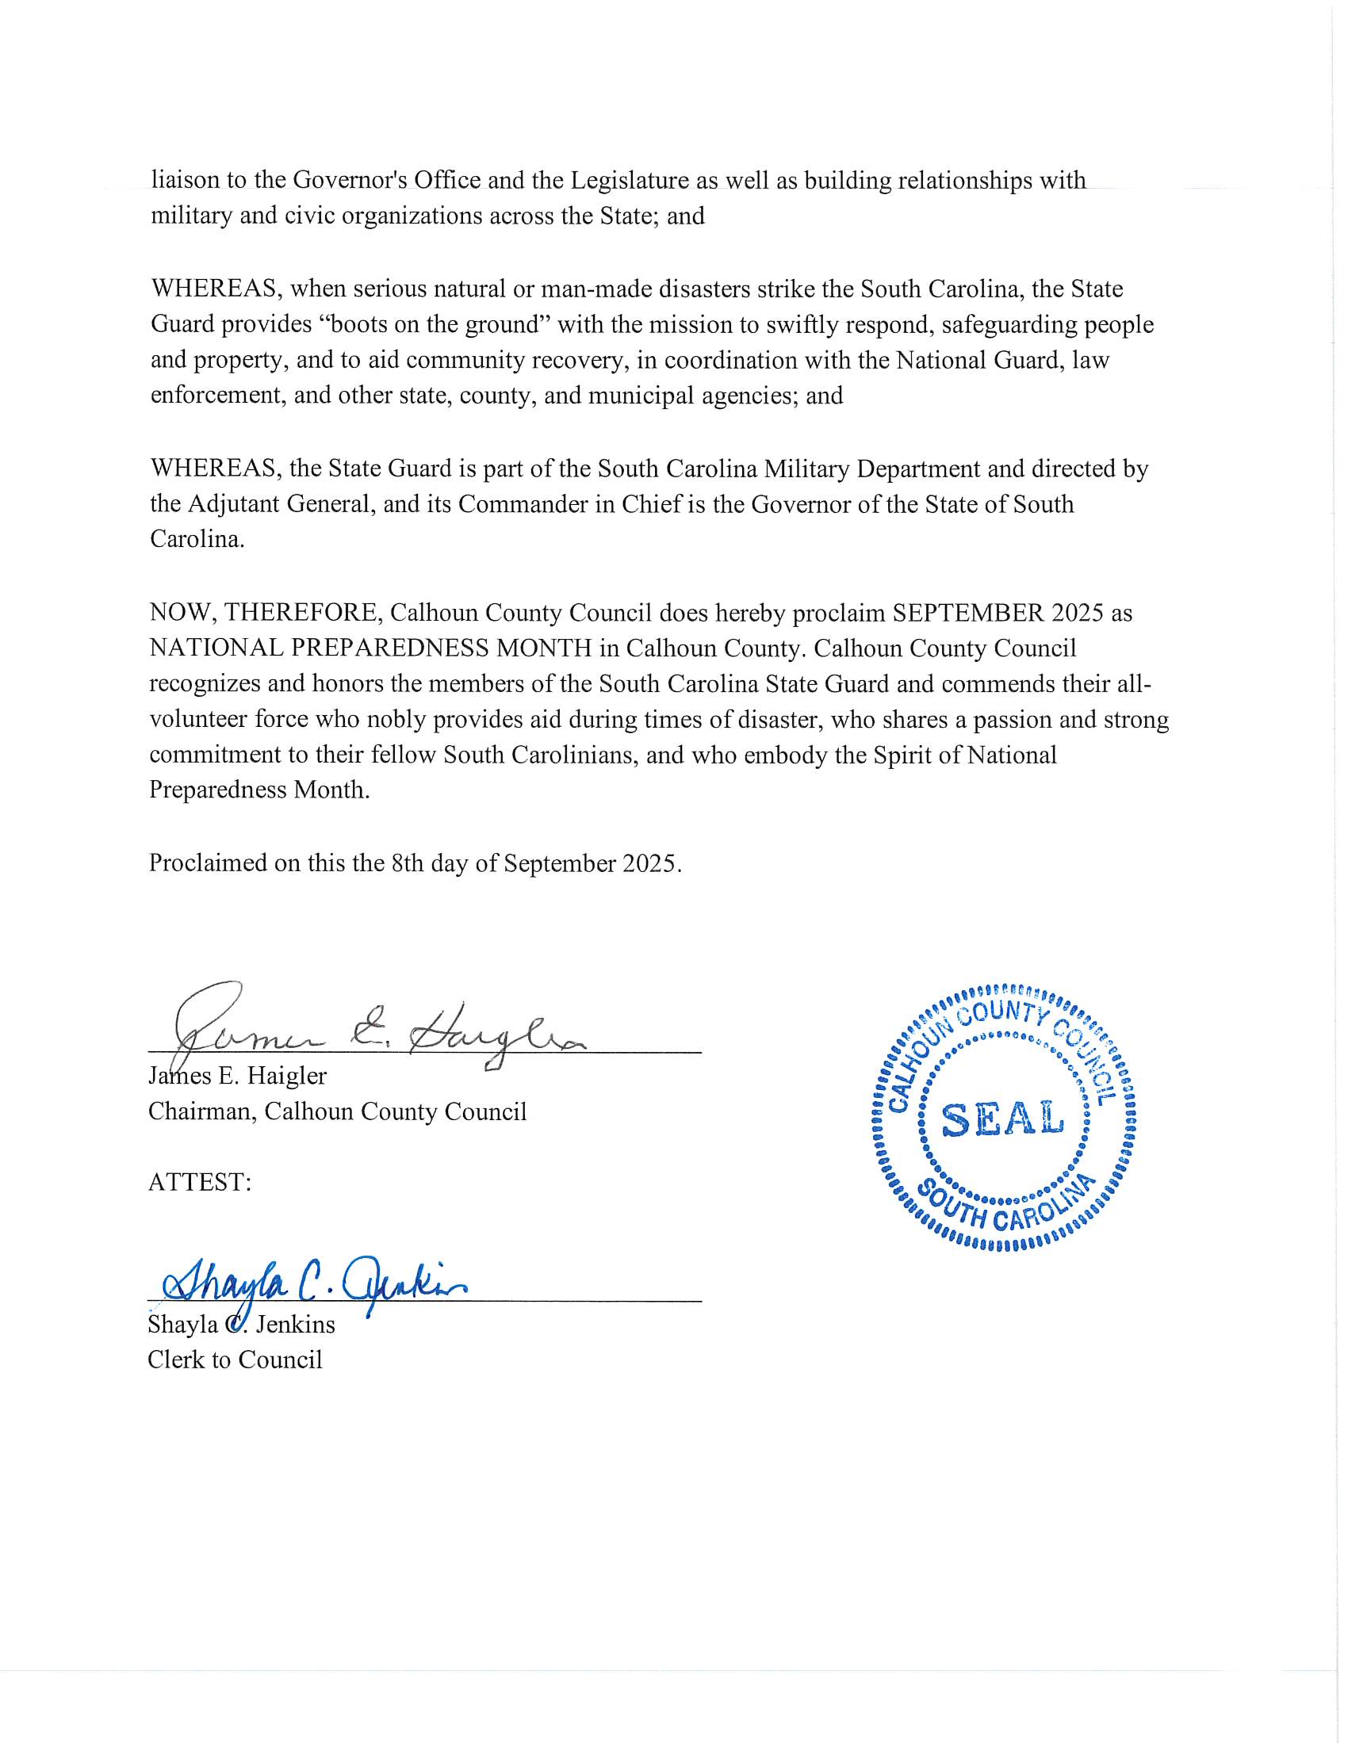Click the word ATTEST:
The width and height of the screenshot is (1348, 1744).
tap(200, 1182)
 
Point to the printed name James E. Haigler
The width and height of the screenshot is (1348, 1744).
tap(237, 1077)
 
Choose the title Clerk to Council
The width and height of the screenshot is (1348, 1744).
tap(235, 1359)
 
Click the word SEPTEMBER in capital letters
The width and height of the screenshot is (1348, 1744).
tap(967, 613)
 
